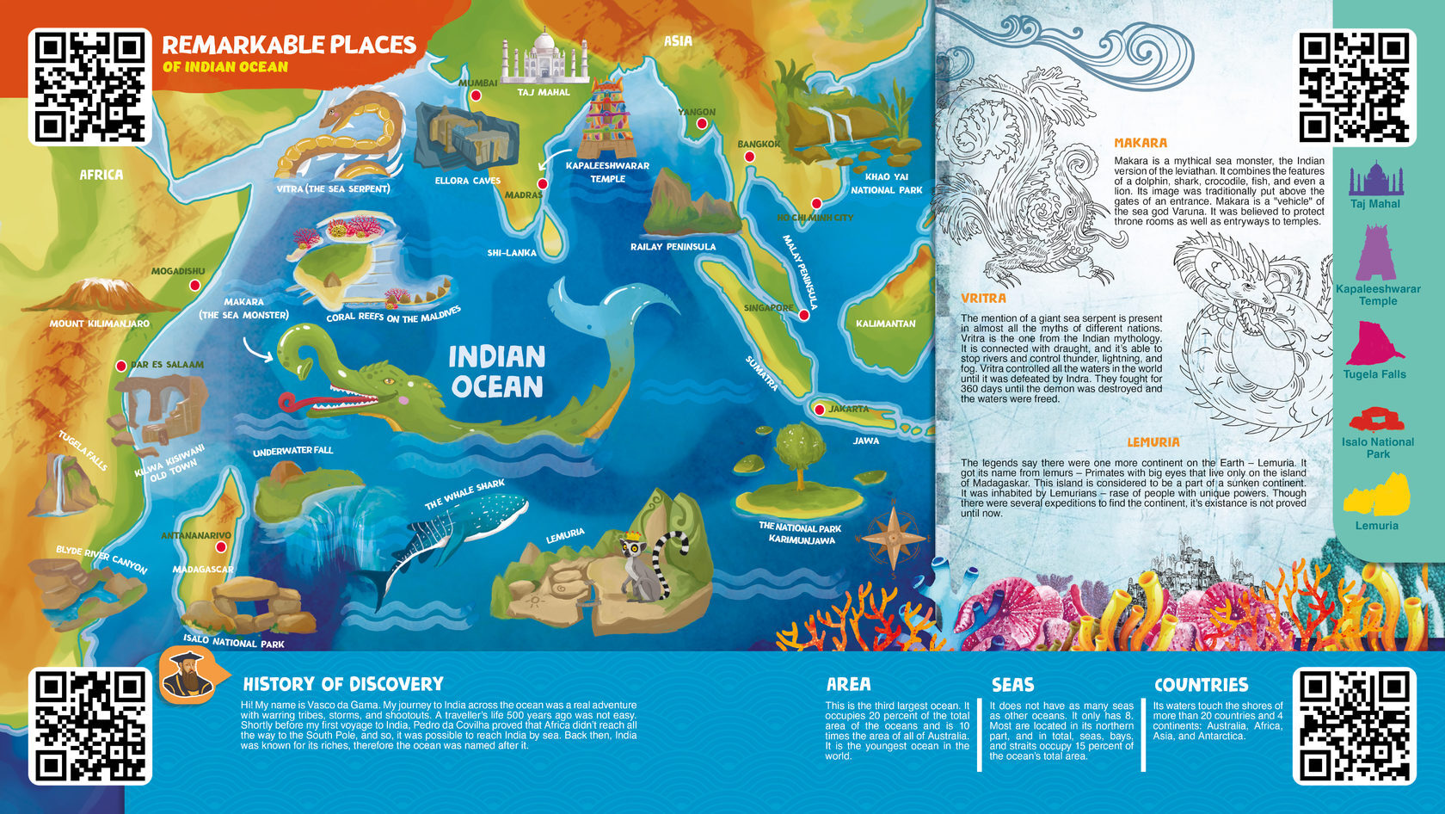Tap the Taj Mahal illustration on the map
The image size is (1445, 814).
click(544, 59)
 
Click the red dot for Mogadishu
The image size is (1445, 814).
click(195, 285)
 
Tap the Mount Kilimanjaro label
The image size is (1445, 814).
click(99, 324)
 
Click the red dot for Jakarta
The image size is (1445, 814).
click(820, 410)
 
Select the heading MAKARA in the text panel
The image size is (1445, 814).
click(1141, 143)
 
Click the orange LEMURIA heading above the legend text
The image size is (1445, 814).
click(1153, 442)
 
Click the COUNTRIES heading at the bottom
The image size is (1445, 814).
click(1201, 685)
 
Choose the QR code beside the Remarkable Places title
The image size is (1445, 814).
click(90, 87)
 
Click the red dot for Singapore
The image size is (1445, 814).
click(804, 315)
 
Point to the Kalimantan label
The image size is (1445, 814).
click(885, 324)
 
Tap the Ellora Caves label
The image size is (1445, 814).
click(467, 181)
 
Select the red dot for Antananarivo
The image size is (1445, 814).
click(221, 547)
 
